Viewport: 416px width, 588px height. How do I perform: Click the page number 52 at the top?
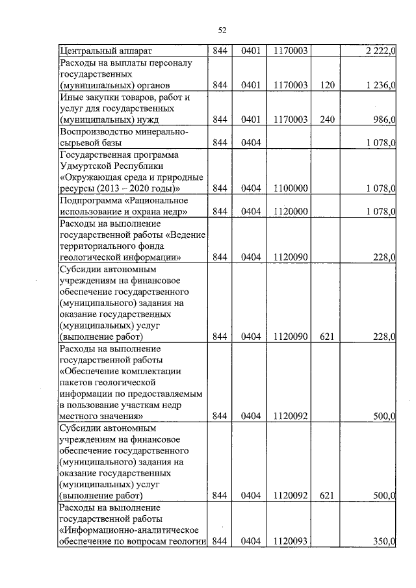[221, 30]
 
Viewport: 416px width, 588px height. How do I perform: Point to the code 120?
[326, 85]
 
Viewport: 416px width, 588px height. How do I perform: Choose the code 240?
[326, 120]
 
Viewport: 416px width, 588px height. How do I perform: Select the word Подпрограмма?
[87, 200]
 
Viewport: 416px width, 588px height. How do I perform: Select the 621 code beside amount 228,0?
[326, 336]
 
